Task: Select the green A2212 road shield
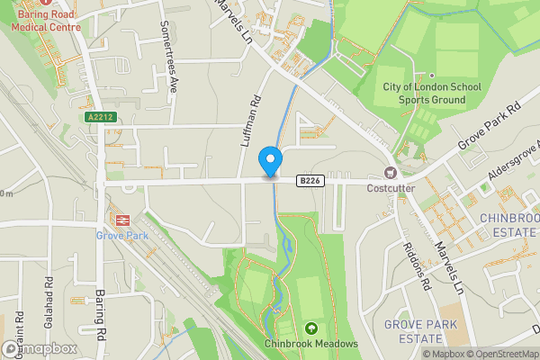(x=101, y=118)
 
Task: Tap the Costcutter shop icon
(x=391, y=173)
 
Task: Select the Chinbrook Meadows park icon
(x=311, y=328)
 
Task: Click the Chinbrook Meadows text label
(x=311, y=344)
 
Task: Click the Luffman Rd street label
(x=251, y=122)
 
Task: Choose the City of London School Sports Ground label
(x=431, y=93)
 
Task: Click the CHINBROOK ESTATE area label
(x=508, y=224)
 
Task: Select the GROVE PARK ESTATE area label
(x=420, y=330)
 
